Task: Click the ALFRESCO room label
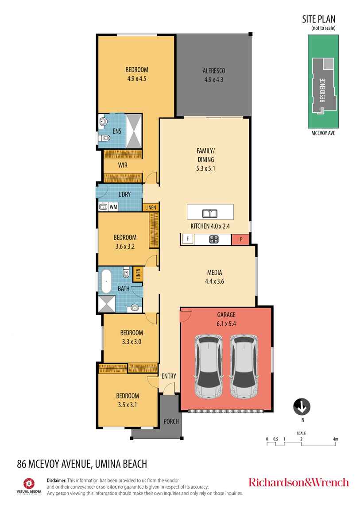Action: click(213, 71)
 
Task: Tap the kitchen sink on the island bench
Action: click(210, 214)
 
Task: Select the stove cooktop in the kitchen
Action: click(213, 239)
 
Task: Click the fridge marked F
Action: click(187, 239)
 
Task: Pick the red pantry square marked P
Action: click(240, 239)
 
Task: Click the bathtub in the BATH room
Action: click(106, 281)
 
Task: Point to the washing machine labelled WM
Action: click(113, 207)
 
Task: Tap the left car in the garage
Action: click(209, 366)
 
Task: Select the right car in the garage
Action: click(244, 366)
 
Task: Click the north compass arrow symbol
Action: click(302, 407)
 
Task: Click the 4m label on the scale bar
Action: click(335, 439)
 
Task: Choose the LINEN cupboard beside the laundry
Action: click(151, 208)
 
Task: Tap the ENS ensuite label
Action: click(117, 131)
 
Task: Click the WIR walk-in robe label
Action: click(123, 165)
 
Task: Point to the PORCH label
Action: click(171, 421)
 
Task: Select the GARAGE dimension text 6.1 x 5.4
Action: click(226, 324)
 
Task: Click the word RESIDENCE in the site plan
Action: click(323, 91)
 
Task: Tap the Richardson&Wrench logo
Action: click(298, 482)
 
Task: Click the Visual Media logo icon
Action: click(29, 483)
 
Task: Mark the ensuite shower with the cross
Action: click(134, 131)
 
